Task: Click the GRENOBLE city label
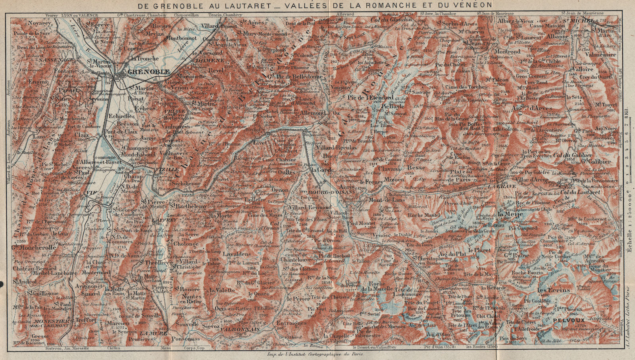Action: (149, 72)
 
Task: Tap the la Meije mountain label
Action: (507, 215)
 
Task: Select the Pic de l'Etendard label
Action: (370, 97)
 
